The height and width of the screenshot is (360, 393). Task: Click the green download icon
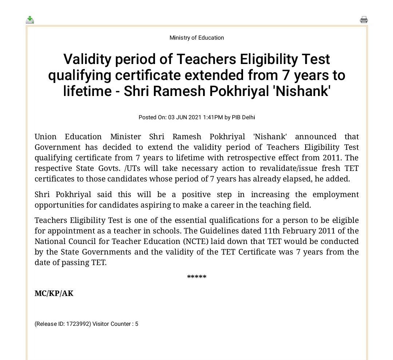point(30,20)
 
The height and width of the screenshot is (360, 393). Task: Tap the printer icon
point(364,20)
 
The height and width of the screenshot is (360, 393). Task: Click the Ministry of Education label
point(196,38)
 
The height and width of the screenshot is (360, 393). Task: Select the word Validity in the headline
point(87,59)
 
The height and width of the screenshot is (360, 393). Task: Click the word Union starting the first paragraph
point(45,137)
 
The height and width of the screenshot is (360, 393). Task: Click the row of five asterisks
point(196,277)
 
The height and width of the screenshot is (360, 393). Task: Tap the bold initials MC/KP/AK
point(54,293)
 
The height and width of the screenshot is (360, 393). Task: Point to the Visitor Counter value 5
point(136,324)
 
